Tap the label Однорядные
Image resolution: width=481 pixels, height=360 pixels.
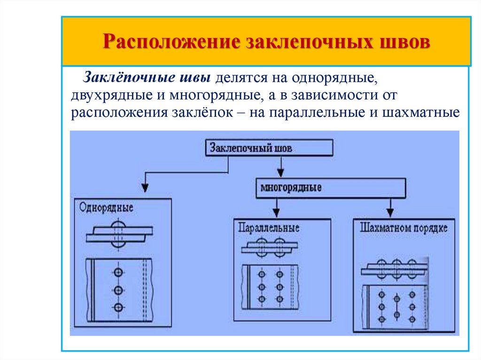coord(106,207)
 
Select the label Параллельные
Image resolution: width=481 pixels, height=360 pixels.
coord(269,228)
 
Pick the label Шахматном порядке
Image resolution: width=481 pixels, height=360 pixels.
coord(404,229)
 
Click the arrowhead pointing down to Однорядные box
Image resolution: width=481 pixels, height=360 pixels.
coord(146,188)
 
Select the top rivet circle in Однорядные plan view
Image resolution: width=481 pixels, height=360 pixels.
coord(118,272)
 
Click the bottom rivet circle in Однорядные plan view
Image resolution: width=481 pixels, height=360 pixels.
coord(118,307)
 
